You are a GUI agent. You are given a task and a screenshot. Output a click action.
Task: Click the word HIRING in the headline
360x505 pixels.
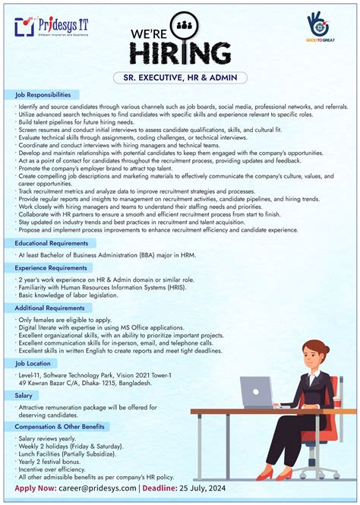[x=179, y=53]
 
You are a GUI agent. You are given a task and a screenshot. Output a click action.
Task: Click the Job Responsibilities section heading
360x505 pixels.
[x=43, y=95]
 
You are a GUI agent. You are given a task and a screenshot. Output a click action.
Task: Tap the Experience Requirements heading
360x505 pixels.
[x=51, y=268]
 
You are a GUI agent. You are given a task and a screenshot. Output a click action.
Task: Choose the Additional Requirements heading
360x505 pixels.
[x=50, y=308]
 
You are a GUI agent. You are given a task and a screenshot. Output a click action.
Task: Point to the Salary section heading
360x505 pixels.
[x=24, y=396]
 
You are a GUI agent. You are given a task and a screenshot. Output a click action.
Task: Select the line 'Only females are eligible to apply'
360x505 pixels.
[x=59, y=320]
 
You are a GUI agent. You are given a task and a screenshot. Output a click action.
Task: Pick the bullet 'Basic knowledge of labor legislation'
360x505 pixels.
[x=64, y=295]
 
